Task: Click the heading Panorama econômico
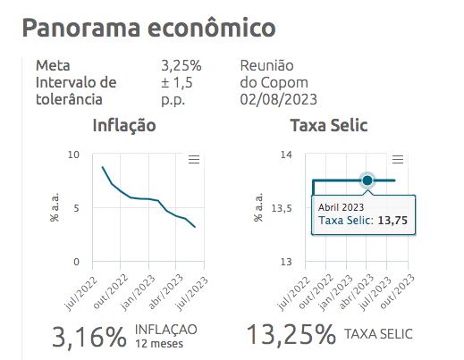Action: [148, 28]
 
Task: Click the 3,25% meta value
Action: [181, 66]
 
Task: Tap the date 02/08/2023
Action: [279, 99]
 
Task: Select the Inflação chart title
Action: [124, 126]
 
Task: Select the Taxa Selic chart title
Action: [329, 126]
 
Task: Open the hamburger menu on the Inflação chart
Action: [193, 160]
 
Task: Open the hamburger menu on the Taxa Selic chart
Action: [399, 159]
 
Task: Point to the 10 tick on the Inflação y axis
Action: [74, 155]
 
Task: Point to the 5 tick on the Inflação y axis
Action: [77, 209]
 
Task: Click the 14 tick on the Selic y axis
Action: [286, 155]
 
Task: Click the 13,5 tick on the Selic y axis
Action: [282, 209]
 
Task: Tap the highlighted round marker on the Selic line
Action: [367, 180]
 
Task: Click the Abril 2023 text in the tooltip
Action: [341, 207]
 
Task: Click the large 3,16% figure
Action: [89, 336]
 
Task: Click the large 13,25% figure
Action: [291, 336]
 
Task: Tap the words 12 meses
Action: [159, 343]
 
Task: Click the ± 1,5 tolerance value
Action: [177, 83]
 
